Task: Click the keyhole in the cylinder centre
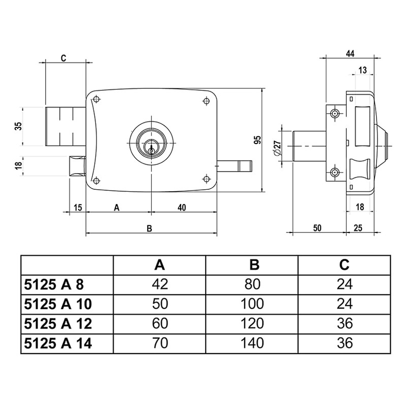click(151, 148)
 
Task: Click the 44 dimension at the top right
click(350, 53)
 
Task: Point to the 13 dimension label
click(362, 70)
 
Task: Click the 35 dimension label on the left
click(18, 126)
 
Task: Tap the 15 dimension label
click(78, 207)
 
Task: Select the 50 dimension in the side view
click(317, 228)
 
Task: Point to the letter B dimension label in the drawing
click(149, 228)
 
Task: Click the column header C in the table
click(344, 264)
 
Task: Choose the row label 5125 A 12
click(58, 323)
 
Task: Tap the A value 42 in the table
click(159, 284)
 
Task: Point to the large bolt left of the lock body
click(65, 126)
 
